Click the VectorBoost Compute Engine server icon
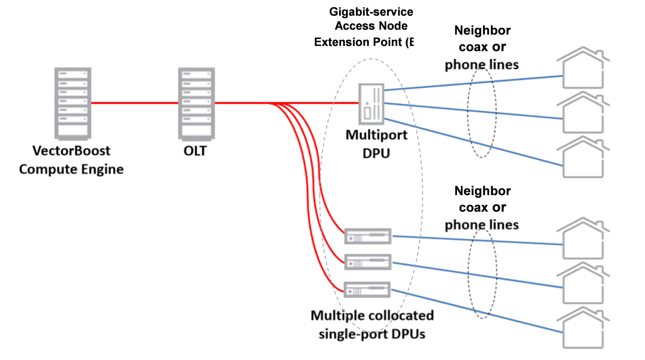[x=73, y=103]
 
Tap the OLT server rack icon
[x=196, y=103]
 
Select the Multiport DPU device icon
[x=371, y=104]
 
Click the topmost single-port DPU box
[x=368, y=236]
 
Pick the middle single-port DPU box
[x=368, y=262]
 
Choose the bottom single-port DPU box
[x=367, y=290]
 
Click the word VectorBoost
[x=71, y=151]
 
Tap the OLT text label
[x=195, y=151]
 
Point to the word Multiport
[x=376, y=135]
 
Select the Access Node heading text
[x=371, y=26]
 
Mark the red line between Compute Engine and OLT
[x=135, y=103]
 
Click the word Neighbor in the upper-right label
[x=482, y=31]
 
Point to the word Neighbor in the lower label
[x=482, y=191]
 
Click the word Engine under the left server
[x=102, y=169]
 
